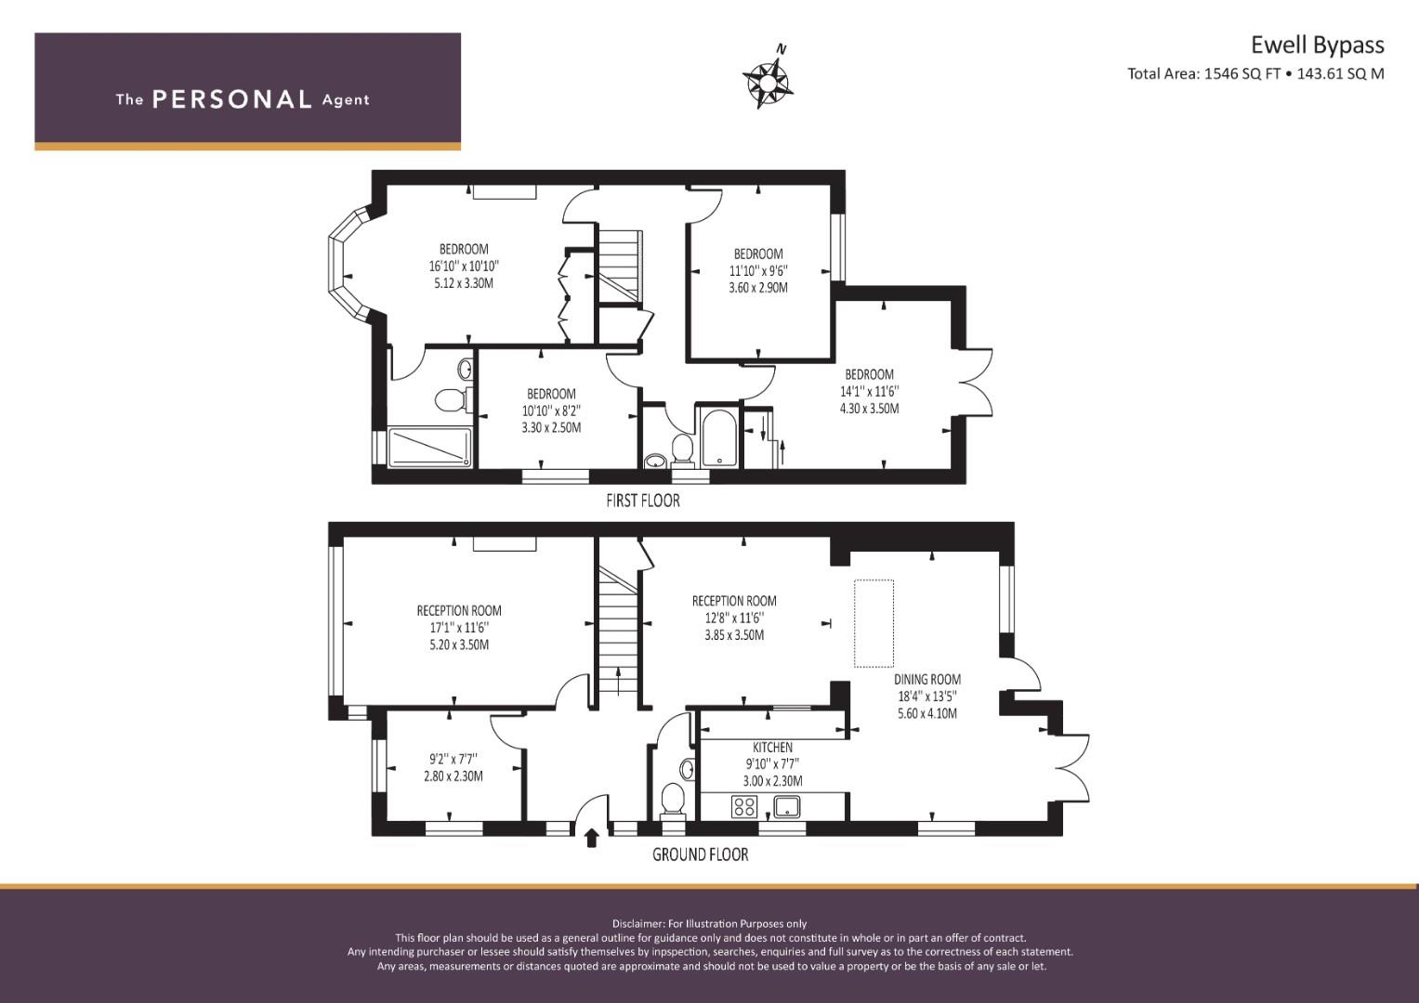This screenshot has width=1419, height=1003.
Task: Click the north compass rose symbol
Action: tap(768, 83)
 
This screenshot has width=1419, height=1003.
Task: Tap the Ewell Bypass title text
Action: tap(1317, 46)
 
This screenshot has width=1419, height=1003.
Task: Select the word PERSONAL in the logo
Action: tap(232, 99)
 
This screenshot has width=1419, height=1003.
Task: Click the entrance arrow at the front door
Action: tap(591, 839)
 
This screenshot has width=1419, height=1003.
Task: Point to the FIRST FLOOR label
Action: tap(642, 501)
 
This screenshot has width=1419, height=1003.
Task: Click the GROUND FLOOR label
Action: tap(700, 854)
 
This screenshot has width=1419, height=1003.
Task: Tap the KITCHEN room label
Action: tap(772, 748)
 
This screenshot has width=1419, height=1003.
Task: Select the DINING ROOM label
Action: tap(927, 680)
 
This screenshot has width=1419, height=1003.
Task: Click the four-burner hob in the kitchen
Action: tap(744, 807)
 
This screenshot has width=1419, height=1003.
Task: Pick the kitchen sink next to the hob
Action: tap(787, 807)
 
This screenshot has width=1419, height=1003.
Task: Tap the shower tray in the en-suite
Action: tap(430, 448)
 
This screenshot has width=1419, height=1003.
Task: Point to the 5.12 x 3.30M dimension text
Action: tap(464, 283)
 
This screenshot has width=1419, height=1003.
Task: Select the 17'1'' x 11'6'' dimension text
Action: tap(459, 628)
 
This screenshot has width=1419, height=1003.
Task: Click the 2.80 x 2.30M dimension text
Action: tap(453, 776)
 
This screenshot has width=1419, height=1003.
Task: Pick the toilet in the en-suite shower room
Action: tap(451, 399)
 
